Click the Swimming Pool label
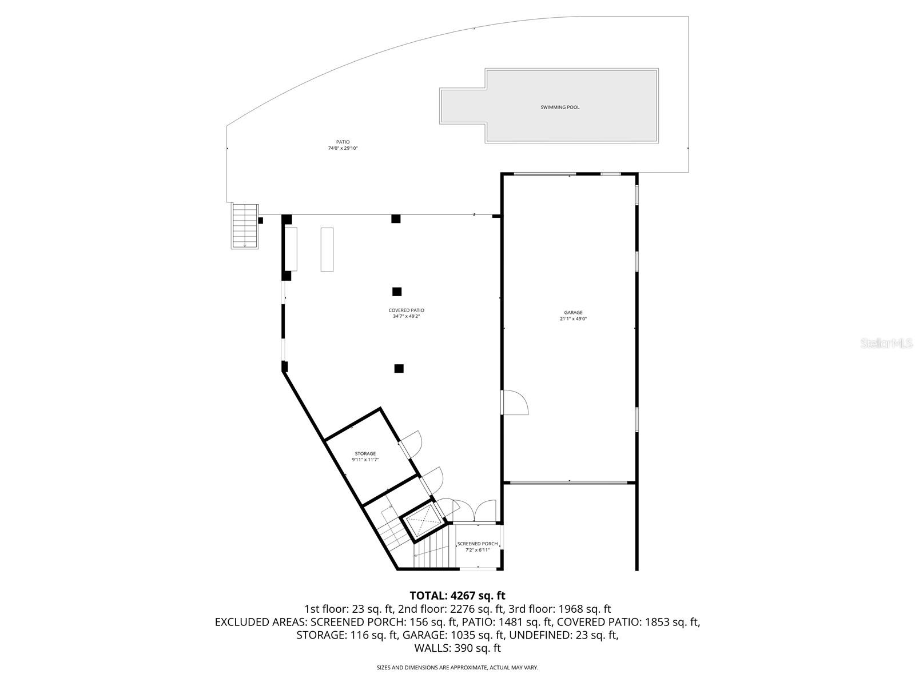pyautogui.click(x=560, y=107)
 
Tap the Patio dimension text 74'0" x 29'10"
pyautogui.click(x=343, y=149)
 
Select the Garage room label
pyautogui.click(x=573, y=313)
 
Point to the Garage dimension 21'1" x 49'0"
pyautogui.click(x=573, y=319)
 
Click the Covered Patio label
pyautogui.click(x=406, y=310)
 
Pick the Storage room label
pyautogui.click(x=365, y=454)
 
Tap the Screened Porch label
pyautogui.click(x=477, y=544)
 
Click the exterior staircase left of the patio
pyautogui.click(x=245, y=225)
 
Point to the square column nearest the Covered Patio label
pyautogui.click(x=397, y=292)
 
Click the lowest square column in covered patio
pyautogui.click(x=399, y=369)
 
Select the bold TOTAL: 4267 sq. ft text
pyautogui.click(x=457, y=596)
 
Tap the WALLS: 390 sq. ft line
pyautogui.click(x=457, y=648)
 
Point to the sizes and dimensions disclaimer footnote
pyautogui.click(x=457, y=667)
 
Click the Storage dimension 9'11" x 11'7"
pyautogui.click(x=365, y=460)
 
